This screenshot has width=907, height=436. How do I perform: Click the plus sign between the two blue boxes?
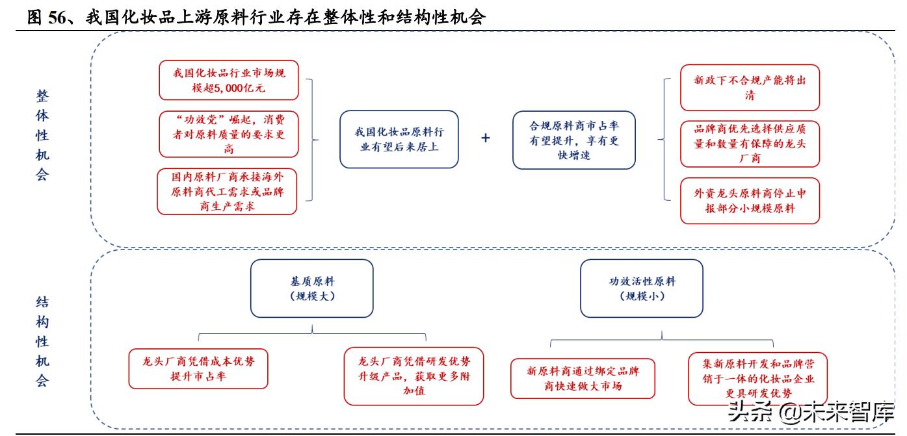[x=485, y=138]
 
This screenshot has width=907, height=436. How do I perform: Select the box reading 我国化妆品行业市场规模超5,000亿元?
[x=228, y=81]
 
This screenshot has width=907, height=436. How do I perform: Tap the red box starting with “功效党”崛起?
[x=228, y=135]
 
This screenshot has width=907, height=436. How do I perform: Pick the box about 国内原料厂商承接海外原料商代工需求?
[x=228, y=191]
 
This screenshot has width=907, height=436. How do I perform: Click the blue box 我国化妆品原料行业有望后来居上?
[x=399, y=139]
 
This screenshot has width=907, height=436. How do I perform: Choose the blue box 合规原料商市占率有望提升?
[x=573, y=140]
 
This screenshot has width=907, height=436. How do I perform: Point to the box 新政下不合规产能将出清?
[x=750, y=88]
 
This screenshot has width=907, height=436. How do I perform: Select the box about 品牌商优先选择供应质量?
[x=750, y=144]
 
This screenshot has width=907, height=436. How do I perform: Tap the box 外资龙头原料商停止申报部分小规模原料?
[x=750, y=200]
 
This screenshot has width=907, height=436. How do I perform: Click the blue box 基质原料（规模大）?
[x=312, y=289]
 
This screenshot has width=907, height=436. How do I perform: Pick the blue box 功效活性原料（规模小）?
[x=642, y=289]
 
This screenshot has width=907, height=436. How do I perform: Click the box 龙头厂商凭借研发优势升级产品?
[x=414, y=376]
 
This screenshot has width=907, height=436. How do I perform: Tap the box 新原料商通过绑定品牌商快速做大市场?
[x=583, y=378]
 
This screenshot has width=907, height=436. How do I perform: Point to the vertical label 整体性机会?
[x=42, y=135]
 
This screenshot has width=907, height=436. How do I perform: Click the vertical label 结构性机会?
[x=42, y=341]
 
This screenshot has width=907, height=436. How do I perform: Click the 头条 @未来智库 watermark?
[x=810, y=412]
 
